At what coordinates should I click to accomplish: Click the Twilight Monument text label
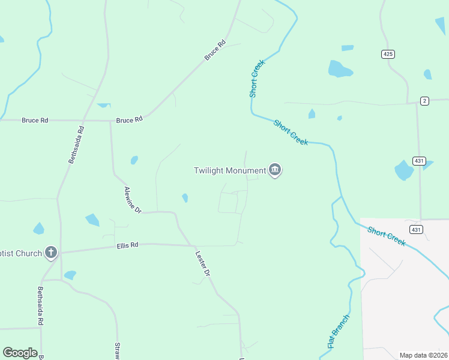click(229, 170)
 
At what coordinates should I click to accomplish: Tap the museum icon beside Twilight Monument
click(275, 170)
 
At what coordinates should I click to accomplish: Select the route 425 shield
click(388, 54)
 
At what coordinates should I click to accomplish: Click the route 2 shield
click(424, 101)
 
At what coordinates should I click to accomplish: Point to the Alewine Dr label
click(132, 200)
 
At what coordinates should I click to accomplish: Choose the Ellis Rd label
click(127, 245)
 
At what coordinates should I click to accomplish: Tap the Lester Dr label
click(203, 263)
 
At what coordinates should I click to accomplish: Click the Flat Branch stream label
click(338, 332)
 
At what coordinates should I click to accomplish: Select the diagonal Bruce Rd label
click(214, 50)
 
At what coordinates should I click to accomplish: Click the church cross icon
click(50, 253)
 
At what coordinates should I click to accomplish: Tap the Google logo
click(20, 353)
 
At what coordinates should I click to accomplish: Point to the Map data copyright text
click(423, 355)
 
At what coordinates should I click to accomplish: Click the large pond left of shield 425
click(339, 69)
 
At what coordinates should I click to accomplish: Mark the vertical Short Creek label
click(257, 79)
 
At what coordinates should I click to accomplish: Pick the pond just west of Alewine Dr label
click(92, 220)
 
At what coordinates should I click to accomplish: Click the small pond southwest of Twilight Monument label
click(185, 197)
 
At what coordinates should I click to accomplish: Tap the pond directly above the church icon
click(39, 229)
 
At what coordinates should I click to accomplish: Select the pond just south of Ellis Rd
click(70, 275)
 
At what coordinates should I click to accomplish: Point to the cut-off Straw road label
click(118, 351)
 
